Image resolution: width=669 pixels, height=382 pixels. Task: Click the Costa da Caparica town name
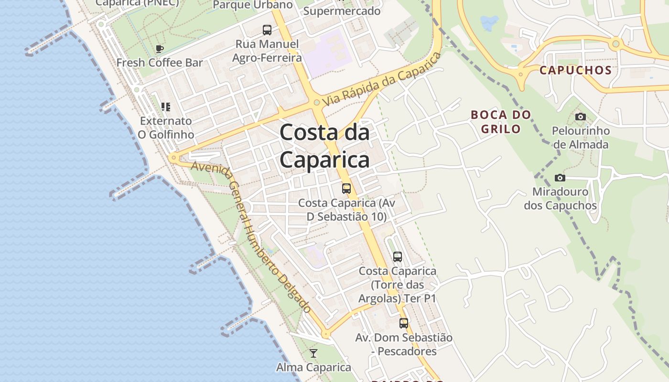coord(324,146)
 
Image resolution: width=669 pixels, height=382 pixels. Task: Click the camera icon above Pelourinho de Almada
coord(581,117)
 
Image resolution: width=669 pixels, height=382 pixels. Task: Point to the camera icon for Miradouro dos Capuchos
coord(560,178)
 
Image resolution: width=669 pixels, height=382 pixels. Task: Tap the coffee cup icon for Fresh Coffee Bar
coord(160,49)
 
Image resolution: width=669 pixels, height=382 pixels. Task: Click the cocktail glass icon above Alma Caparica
coord(313,353)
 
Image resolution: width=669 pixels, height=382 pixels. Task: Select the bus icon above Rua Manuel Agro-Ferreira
coord(267,30)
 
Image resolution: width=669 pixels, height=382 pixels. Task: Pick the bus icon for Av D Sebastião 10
coord(346,189)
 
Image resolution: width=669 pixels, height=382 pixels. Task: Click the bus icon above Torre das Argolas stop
coord(398,257)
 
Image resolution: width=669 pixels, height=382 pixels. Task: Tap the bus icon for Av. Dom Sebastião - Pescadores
coord(404,323)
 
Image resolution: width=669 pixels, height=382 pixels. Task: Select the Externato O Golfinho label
coord(166,127)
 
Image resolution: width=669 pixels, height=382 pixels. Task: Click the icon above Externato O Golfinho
coord(166,106)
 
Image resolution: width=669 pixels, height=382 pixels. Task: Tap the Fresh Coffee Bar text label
coord(160,63)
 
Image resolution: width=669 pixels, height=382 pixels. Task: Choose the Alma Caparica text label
coord(313,367)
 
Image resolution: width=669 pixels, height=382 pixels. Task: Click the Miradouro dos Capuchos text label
coord(560,199)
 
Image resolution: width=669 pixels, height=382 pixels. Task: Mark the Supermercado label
coord(342,11)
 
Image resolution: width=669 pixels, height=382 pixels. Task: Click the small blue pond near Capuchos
coord(489,22)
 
